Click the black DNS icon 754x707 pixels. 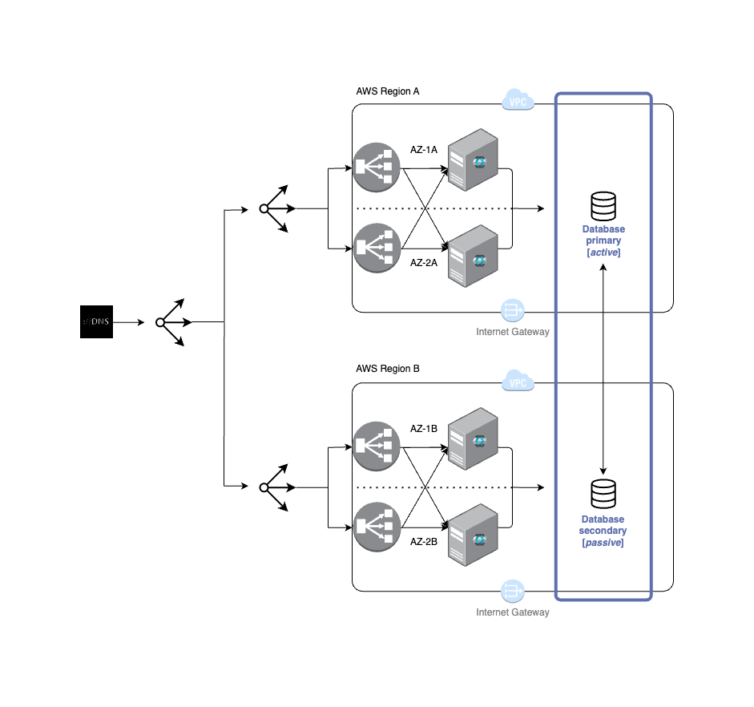[x=96, y=321]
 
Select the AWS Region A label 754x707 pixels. [x=387, y=91]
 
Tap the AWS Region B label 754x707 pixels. [x=387, y=369]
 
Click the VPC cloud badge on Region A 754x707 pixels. [x=518, y=101]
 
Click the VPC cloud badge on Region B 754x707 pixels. [x=518, y=382]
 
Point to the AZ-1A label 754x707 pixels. [x=424, y=150]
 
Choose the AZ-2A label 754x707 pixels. [x=424, y=262]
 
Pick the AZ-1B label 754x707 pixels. [x=424, y=429]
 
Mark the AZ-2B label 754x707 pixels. [x=424, y=541]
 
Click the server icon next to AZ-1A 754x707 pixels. [x=473, y=160]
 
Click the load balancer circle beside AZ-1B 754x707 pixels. [x=377, y=446]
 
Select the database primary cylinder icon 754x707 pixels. [x=603, y=207]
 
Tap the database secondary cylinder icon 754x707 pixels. [x=603, y=495]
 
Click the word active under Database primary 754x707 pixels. [x=604, y=252]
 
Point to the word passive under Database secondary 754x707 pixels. [x=603, y=543]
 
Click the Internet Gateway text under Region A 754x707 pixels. [x=513, y=331]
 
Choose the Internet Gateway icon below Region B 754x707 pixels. [x=512, y=591]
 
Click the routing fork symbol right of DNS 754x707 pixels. [x=171, y=322]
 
